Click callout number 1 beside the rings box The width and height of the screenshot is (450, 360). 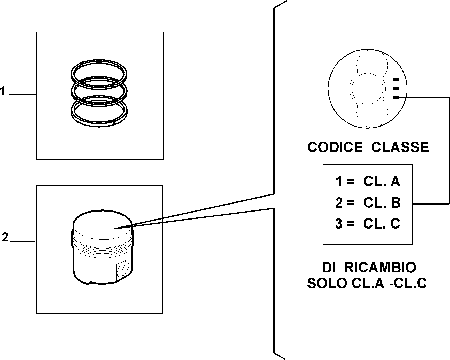point(3,91)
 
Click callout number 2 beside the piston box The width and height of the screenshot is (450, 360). point(5,237)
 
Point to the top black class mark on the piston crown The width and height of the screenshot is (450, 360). point(396,79)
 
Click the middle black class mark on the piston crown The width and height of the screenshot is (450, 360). point(396,89)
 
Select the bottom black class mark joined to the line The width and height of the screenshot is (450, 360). point(396,97)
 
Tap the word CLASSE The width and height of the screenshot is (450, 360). point(400,147)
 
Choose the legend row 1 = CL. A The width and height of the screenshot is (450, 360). point(368,182)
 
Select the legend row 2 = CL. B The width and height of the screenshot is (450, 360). point(368,203)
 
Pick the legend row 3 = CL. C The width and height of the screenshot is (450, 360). point(368,224)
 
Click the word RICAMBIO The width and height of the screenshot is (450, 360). point(380,268)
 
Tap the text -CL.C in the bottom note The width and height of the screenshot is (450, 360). point(408,284)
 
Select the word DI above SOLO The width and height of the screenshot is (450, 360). point(329,268)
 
